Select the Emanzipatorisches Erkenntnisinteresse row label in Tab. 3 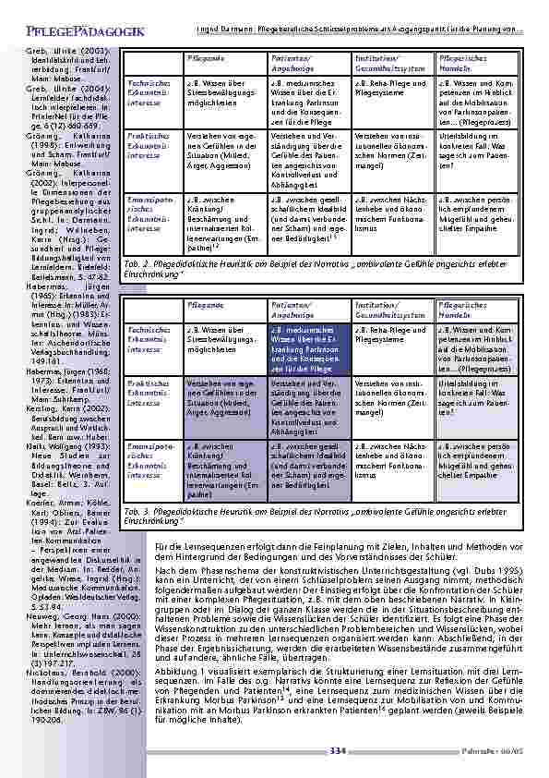[144, 459]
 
